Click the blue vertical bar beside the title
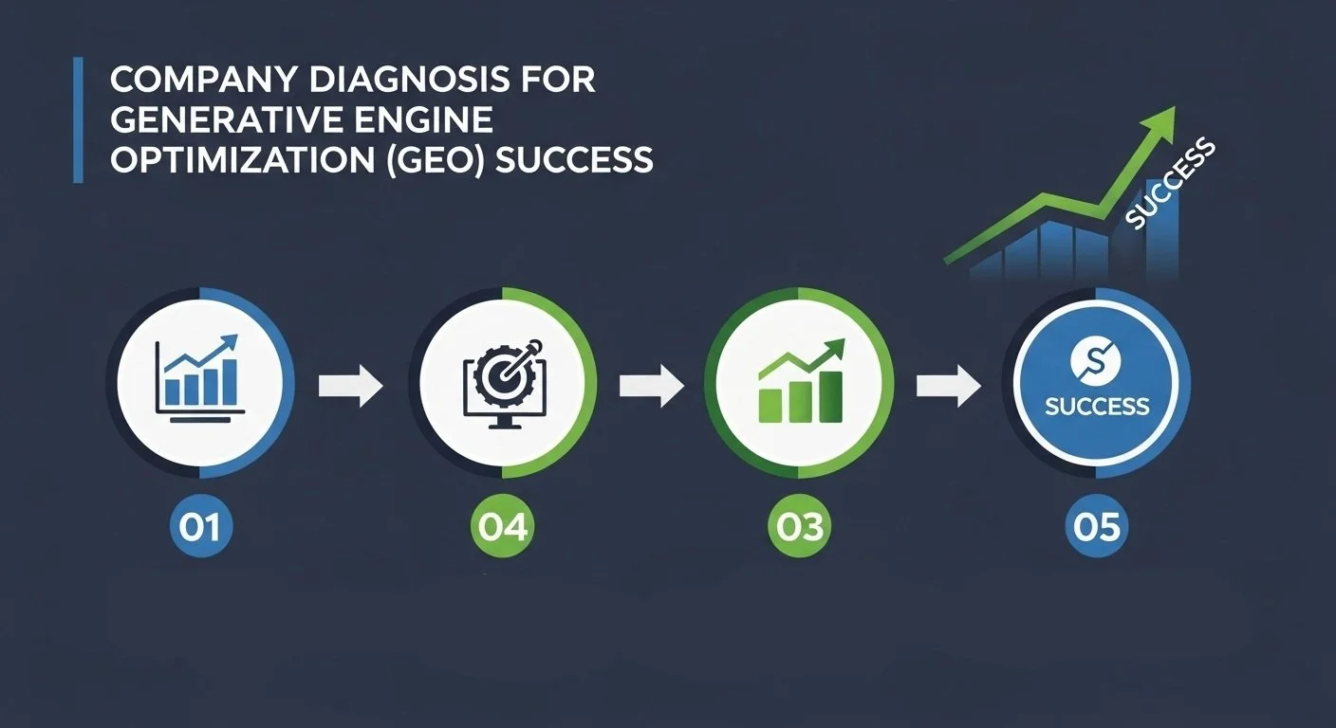(x=78, y=119)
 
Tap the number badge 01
(x=201, y=527)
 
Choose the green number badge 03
(x=799, y=527)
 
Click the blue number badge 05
(x=1097, y=527)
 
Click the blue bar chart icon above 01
(x=200, y=377)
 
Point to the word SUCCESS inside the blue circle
(x=1097, y=407)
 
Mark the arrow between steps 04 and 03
(x=651, y=386)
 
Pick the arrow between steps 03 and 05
(x=949, y=386)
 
